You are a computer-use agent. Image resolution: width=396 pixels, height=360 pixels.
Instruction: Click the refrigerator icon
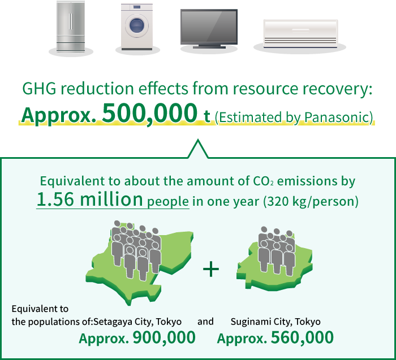(x=71, y=27)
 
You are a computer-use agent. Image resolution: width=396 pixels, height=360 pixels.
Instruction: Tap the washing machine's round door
(x=137, y=25)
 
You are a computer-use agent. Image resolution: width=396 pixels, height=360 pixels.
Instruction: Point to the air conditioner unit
(x=300, y=34)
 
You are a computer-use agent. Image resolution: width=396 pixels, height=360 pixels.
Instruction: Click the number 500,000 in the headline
(x=149, y=113)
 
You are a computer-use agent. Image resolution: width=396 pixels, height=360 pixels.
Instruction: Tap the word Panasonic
(x=337, y=118)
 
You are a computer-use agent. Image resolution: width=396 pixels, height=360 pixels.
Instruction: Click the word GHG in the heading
(x=39, y=89)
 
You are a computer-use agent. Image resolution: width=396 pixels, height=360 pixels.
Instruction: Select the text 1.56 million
(x=89, y=199)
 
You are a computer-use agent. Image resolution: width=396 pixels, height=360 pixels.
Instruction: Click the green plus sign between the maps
(x=211, y=268)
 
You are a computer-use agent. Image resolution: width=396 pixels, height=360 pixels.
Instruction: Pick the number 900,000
(x=164, y=337)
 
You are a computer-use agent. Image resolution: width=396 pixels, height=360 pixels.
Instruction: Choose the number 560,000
(x=302, y=337)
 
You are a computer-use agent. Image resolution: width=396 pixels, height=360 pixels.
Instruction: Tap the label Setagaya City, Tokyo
(x=137, y=322)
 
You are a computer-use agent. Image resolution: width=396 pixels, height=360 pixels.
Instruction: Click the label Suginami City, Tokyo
(x=276, y=322)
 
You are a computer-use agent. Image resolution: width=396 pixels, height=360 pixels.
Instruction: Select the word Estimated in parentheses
(x=248, y=118)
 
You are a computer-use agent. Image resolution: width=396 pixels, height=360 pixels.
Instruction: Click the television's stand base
(x=209, y=47)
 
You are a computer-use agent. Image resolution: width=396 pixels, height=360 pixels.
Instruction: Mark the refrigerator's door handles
(x=71, y=21)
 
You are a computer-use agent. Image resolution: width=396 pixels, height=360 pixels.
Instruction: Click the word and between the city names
(x=205, y=322)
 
